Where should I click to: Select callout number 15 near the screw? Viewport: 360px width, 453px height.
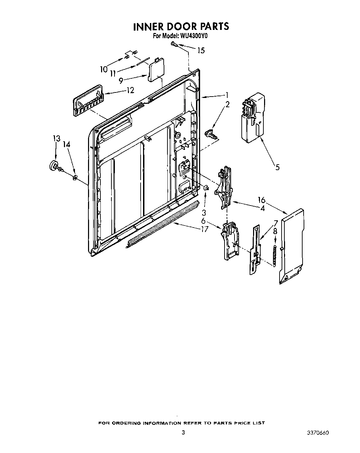[201, 51]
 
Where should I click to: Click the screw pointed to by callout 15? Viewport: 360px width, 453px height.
[173, 44]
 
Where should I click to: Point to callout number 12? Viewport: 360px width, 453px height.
[130, 90]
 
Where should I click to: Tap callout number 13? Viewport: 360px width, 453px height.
[56, 138]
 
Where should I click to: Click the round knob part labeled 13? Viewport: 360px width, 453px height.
[54, 165]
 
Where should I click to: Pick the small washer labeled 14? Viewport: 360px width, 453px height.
[74, 177]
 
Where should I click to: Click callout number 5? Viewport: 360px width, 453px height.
[277, 167]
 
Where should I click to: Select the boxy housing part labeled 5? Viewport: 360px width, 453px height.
[252, 117]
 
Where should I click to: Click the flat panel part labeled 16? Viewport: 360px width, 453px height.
[292, 246]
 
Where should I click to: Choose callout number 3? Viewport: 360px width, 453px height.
[204, 212]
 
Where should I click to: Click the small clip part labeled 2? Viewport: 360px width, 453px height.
[210, 133]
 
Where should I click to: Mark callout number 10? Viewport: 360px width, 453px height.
[103, 69]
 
